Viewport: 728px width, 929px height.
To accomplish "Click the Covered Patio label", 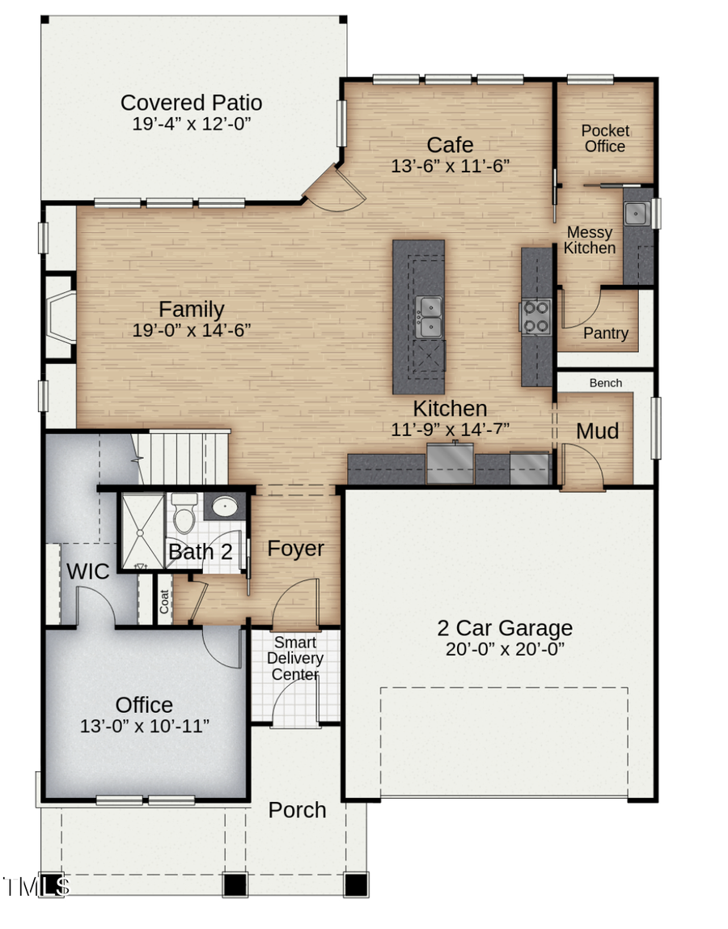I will (x=191, y=104).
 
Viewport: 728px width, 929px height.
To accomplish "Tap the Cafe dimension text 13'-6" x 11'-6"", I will (x=450, y=165).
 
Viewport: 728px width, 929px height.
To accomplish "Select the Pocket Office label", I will (x=605, y=138).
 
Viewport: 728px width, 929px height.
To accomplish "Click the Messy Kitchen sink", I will (x=636, y=214).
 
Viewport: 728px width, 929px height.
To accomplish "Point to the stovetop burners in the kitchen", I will (x=535, y=316).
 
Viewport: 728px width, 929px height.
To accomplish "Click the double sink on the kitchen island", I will (x=429, y=316).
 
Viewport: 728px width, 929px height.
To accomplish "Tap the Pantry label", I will (x=606, y=333).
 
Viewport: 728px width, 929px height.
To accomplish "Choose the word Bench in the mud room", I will (x=605, y=383).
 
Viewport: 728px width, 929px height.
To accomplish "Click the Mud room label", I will (x=597, y=431).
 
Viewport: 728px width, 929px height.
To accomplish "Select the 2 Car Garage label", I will (x=505, y=628).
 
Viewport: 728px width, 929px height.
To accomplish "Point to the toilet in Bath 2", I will (x=185, y=513).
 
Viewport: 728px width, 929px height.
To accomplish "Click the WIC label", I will (x=87, y=571).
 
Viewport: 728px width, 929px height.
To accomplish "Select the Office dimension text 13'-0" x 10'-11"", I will (x=145, y=726).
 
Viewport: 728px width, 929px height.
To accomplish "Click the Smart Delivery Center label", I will (x=295, y=659).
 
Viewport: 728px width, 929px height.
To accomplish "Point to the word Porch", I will (x=297, y=810).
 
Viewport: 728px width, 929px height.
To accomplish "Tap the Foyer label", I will (x=296, y=549).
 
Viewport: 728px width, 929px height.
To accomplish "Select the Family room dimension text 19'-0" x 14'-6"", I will (x=192, y=330).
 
